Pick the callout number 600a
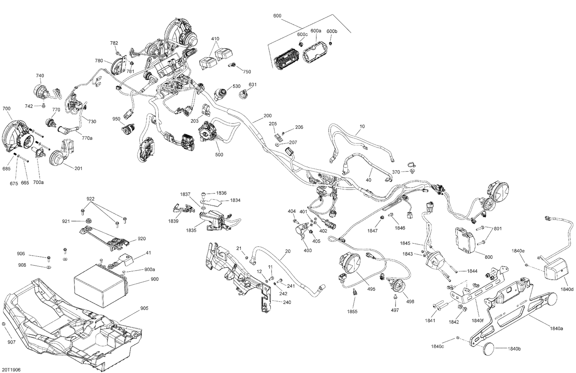click(316, 31)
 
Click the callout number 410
click(215, 39)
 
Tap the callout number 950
click(117, 119)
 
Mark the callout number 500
click(219, 155)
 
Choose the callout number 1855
click(353, 312)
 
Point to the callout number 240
click(287, 302)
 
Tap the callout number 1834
click(235, 200)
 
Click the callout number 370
click(396, 172)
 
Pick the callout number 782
click(114, 43)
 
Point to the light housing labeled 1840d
click(555, 270)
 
